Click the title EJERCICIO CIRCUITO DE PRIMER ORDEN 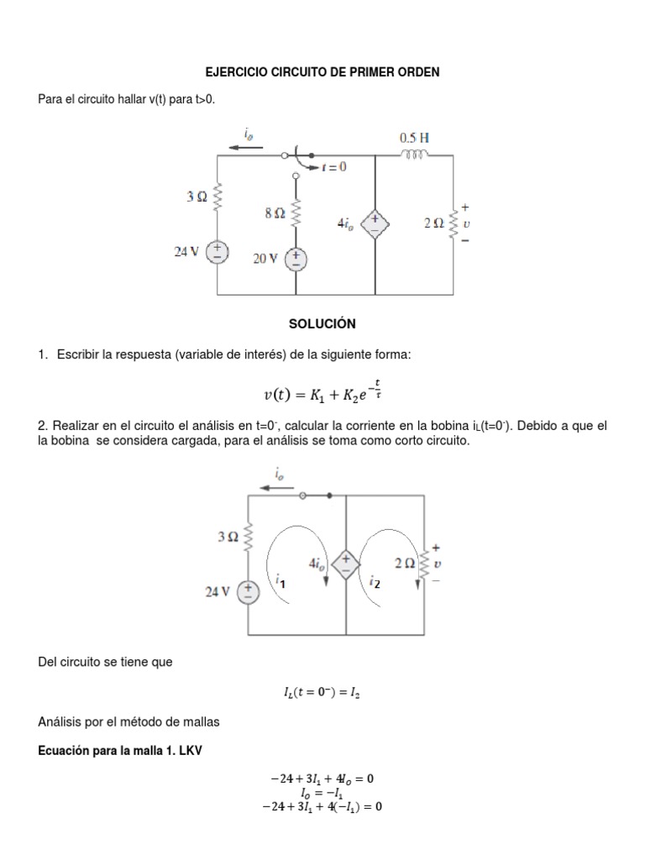[x=322, y=73]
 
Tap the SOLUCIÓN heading [x=322, y=323]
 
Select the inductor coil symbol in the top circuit [x=414, y=155]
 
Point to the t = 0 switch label [x=333, y=167]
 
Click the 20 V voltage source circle [x=296, y=260]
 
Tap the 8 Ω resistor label [x=275, y=214]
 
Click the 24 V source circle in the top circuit [x=218, y=252]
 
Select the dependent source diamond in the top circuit [x=374, y=223]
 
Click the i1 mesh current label [x=280, y=579]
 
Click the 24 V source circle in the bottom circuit [x=248, y=592]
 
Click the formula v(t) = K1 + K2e [x=322, y=393]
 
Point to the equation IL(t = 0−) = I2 [x=322, y=693]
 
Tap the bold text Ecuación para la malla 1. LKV [x=121, y=751]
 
